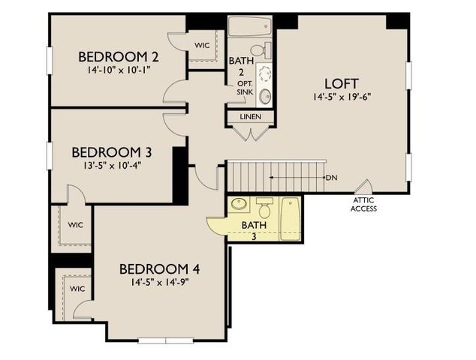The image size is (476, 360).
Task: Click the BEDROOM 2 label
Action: click(x=118, y=57)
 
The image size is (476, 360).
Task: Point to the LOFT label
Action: click(x=341, y=83)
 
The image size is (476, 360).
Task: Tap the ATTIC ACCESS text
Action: click(x=363, y=204)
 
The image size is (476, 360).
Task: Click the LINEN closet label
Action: click(x=250, y=117)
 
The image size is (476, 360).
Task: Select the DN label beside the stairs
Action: click(x=331, y=178)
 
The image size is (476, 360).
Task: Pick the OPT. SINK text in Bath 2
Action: click(x=244, y=87)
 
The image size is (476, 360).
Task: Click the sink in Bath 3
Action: click(x=239, y=204)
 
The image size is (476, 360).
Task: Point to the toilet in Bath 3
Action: click(x=264, y=208)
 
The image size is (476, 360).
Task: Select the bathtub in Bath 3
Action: click(x=291, y=219)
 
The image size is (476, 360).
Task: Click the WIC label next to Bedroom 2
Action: click(x=202, y=45)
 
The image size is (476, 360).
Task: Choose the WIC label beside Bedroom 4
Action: click(x=77, y=289)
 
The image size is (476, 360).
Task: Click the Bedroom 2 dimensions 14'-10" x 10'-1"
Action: click(x=118, y=71)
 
